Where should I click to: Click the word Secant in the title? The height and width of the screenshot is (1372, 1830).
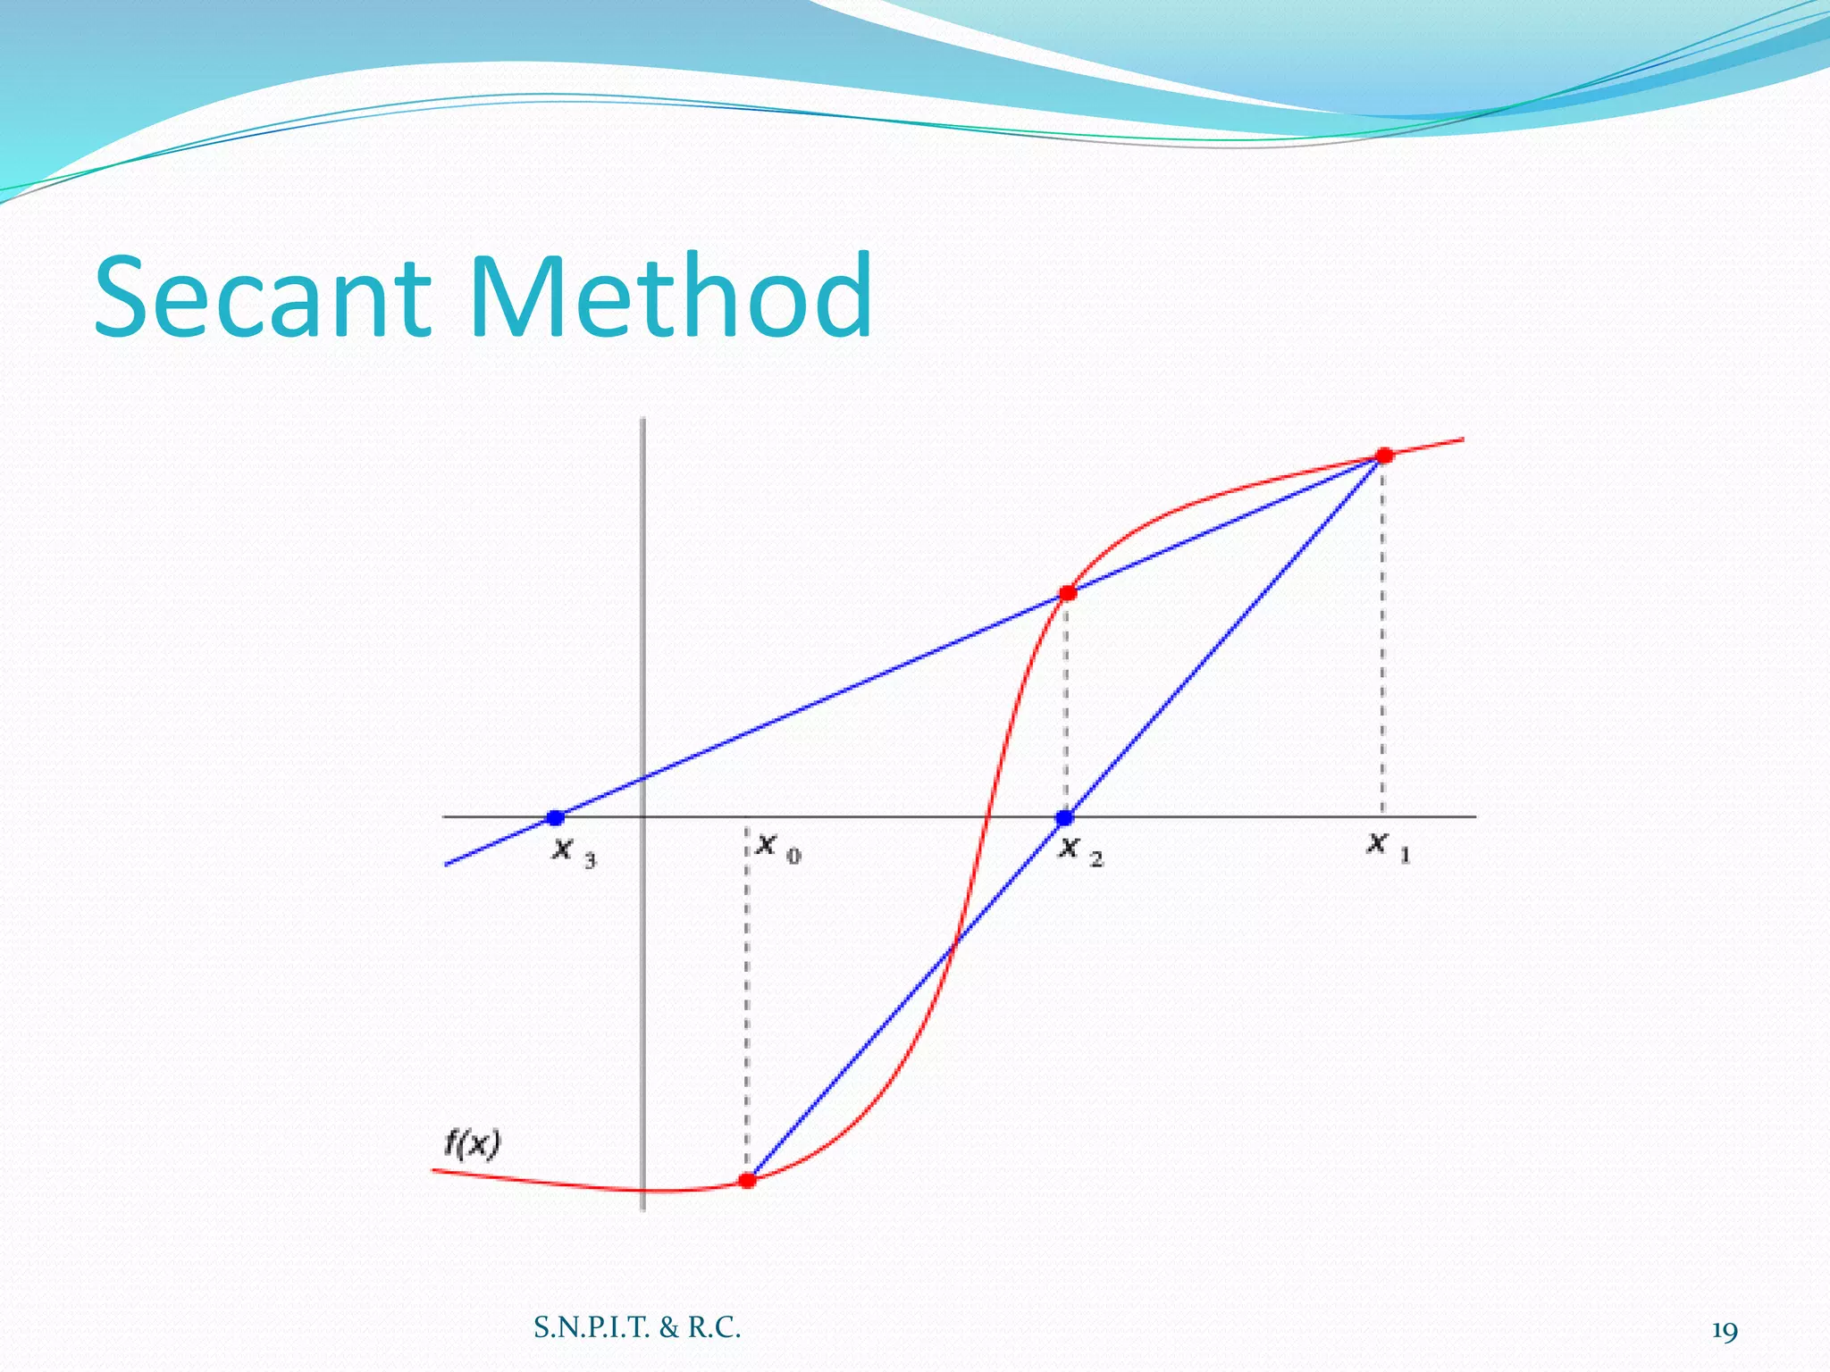[x=264, y=297]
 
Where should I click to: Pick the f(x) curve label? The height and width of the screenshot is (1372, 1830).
[x=472, y=1144]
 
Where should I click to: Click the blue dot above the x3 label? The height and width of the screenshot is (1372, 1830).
[x=555, y=817]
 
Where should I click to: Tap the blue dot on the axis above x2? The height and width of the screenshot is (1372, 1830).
[x=1064, y=817]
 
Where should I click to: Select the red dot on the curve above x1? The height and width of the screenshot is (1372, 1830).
[x=1384, y=456]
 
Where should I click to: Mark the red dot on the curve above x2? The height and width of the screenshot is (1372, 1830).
[x=1067, y=593]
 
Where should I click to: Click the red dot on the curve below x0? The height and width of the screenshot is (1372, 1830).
[x=748, y=1180]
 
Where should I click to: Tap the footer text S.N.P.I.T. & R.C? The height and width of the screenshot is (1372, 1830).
[x=637, y=1328]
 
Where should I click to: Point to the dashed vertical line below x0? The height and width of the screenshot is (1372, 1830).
[x=747, y=1000]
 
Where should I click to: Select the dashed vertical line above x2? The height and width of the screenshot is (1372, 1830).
[x=1065, y=706]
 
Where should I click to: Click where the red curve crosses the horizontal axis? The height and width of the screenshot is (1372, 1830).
[x=987, y=816]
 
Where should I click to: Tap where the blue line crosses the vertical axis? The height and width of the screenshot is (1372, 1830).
[x=643, y=779]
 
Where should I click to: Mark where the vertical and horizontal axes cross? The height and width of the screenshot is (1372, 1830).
[x=643, y=816]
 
